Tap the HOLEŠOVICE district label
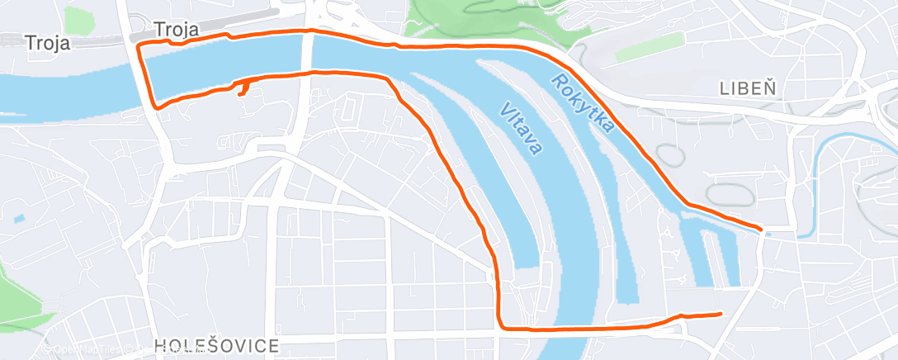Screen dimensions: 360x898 (x=216, y=345)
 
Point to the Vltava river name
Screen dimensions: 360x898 (x=521, y=129)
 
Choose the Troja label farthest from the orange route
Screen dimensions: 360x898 (x=47, y=42)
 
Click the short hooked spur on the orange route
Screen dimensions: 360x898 (x=243, y=89)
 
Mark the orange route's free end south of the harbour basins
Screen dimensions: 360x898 (x=721, y=314)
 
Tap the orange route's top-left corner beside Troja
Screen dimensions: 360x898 (x=138, y=44)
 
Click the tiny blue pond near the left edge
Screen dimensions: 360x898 (x=19, y=219)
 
